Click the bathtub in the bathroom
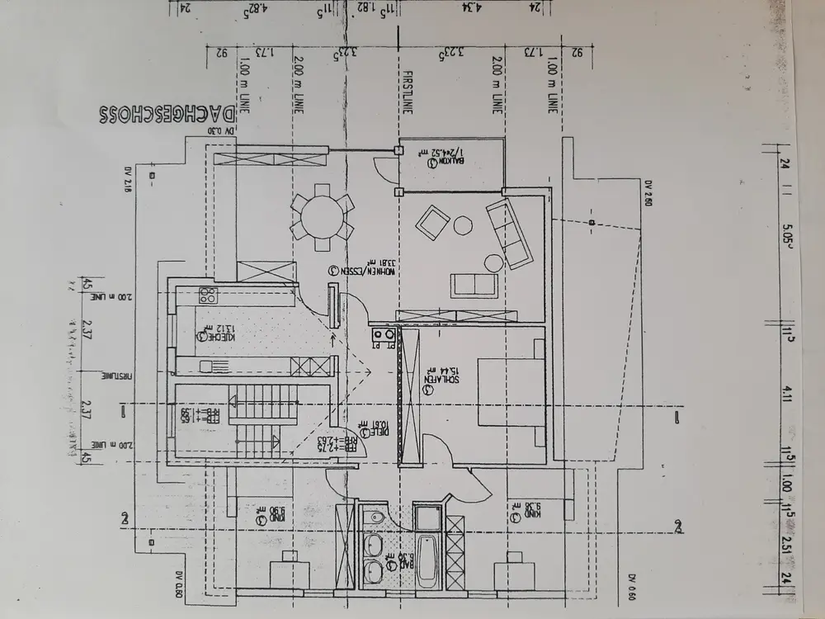(427, 562)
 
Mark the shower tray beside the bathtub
(427, 518)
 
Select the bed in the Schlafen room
(511, 391)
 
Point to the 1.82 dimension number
(362, 7)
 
